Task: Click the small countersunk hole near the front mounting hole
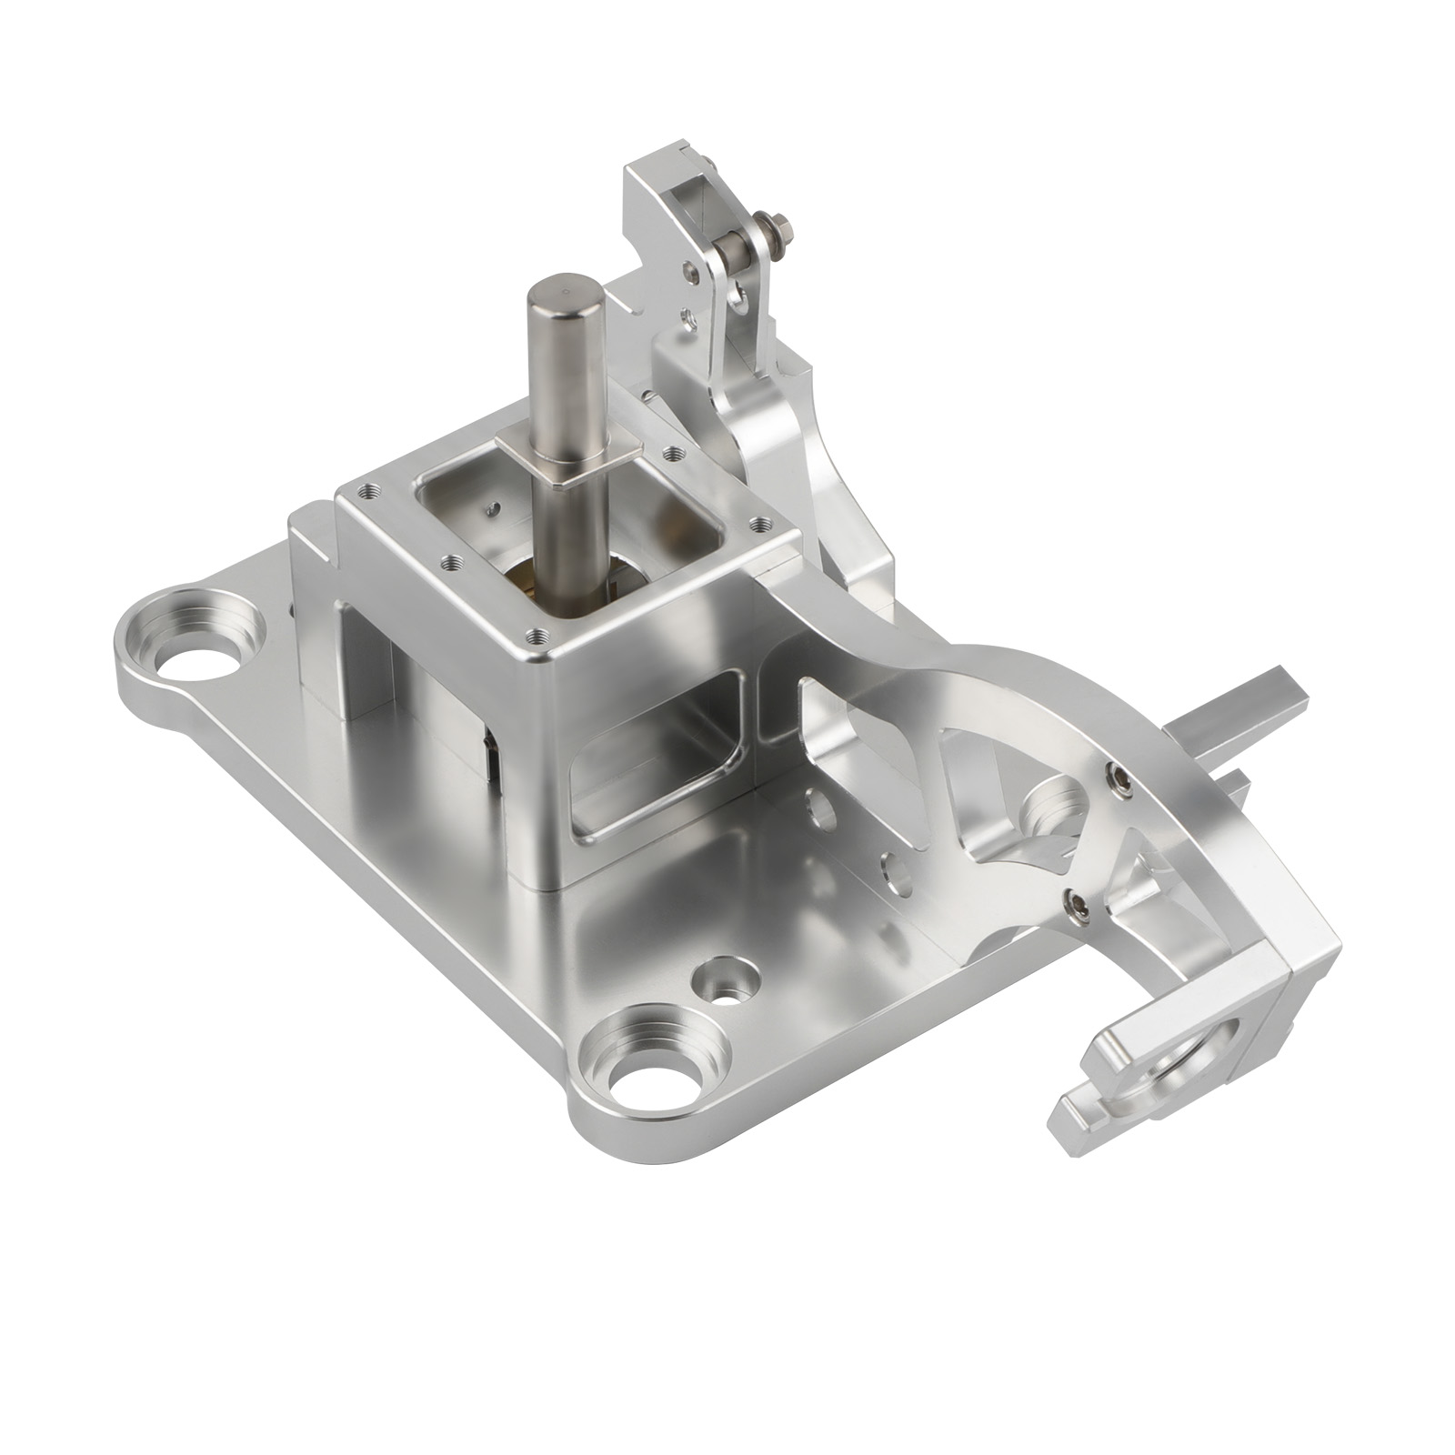(725, 984)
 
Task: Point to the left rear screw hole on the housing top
(367, 490)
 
